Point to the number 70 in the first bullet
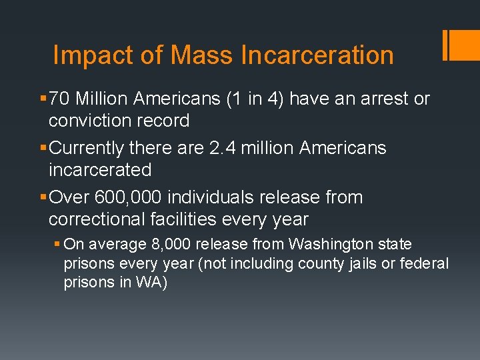click(x=59, y=99)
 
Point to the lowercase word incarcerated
click(x=100, y=170)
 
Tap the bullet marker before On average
click(x=58, y=245)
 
